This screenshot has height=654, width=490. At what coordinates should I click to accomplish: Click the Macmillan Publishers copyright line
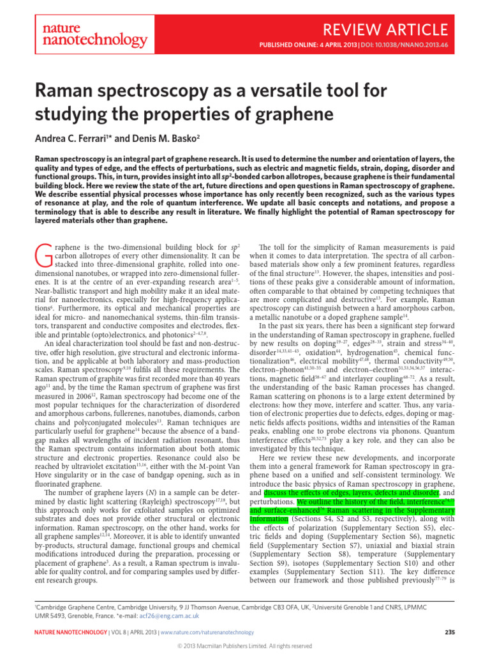(244, 646)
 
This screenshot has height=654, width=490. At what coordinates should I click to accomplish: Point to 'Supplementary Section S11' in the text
(360, 556)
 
